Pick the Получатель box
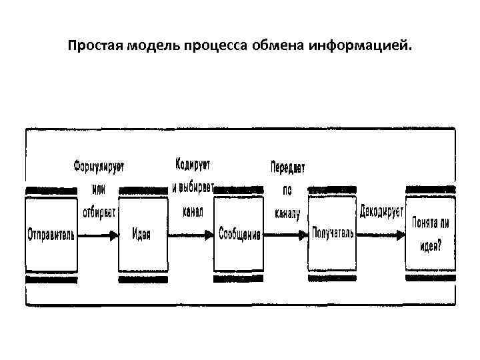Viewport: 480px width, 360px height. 332,233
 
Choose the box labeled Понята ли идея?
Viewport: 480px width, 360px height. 431,233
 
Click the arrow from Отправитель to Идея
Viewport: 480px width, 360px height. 98,235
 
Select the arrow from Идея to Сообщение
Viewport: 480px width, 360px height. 191,235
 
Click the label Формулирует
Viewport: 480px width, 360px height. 99,165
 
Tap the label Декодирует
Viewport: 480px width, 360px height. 381,213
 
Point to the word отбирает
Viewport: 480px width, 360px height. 99,213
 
